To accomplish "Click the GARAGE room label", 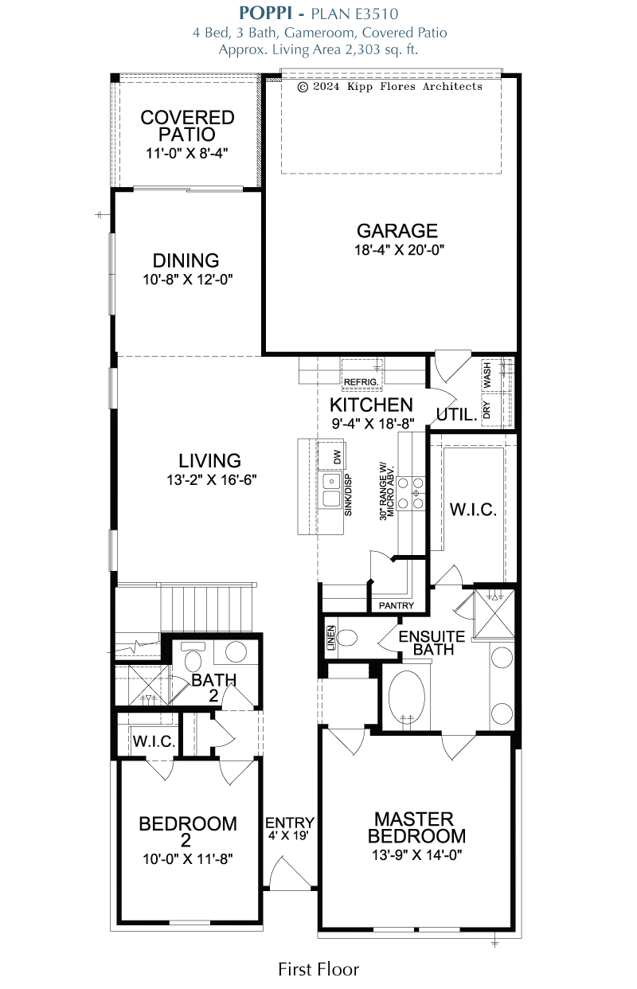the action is pos(397,230).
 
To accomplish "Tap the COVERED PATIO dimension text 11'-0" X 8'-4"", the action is pos(187,154).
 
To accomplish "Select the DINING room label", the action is pos(186,260).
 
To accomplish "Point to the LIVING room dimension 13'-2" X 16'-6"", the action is pos(212,479).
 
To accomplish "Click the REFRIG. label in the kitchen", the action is pos(361,381).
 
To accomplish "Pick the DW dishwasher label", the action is pos(338,456).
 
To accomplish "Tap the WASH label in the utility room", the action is pos(487,375).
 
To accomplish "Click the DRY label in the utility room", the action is pos(487,409).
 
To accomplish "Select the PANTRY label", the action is pos(397,605).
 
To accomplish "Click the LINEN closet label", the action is pos(330,638).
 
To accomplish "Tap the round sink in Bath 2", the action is pos(236,651).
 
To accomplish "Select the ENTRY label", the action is pos(290,823).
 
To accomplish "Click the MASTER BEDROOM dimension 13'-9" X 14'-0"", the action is pos(416,855).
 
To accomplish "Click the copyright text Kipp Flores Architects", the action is pos(415,87).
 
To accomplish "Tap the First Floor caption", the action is pos(318,970).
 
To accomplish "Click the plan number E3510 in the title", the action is pos(377,14).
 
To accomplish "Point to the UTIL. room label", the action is pos(457,415).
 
